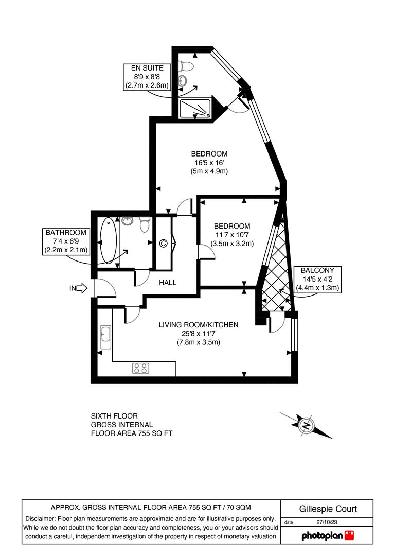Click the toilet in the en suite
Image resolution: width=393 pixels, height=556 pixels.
pos(187,66)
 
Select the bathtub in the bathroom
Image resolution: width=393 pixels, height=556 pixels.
pos(108,241)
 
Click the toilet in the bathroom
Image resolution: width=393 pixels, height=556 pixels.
pos(145,224)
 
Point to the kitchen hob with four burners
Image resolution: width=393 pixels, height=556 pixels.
pos(141,368)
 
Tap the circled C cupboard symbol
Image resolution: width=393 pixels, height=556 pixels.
pos(164,244)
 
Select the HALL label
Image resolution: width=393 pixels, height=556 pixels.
pos(168,283)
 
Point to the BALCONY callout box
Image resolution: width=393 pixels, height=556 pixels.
pos(317,279)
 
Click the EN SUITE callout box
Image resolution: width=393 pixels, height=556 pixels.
pos(147,77)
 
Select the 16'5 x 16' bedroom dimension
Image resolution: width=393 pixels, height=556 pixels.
pos(209,162)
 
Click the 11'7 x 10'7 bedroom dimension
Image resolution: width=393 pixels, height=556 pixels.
pos(232,235)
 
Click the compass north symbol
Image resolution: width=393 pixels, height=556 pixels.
pos(306,425)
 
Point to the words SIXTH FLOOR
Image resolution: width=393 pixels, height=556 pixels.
pos(114,415)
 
